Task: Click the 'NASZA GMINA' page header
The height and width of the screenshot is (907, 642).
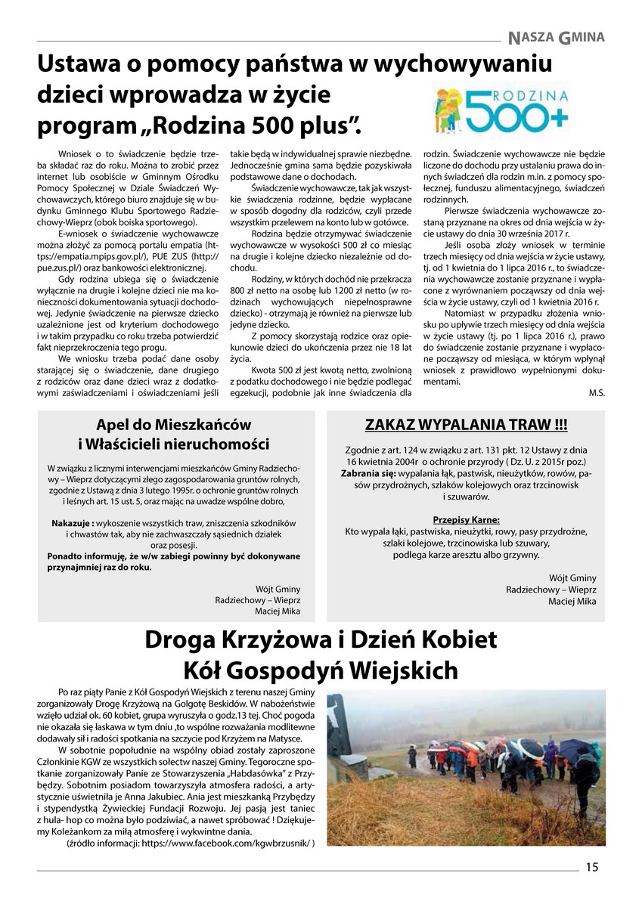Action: pyautogui.click(x=557, y=36)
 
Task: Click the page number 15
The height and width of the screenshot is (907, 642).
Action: pyautogui.click(x=591, y=868)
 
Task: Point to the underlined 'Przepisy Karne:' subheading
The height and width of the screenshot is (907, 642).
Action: pyautogui.click(x=466, y=519)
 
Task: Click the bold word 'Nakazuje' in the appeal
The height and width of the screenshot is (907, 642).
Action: pyautogui.click(x=72, y=522)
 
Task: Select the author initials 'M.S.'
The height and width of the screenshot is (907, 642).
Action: pyautogui.click(x=596, y=393)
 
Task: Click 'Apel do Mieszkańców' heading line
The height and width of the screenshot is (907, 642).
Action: pyautogui.click(x=174, y=425)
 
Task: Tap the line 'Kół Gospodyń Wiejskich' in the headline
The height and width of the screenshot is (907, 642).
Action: pyautogui.click(x=321, y=670)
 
